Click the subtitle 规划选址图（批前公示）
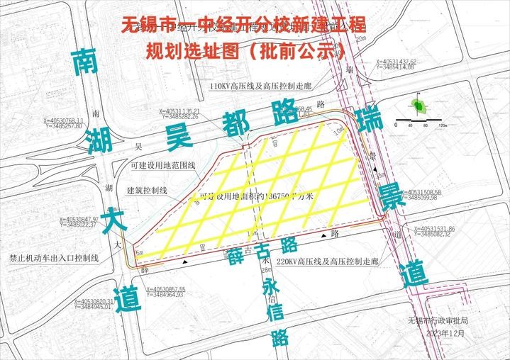click(x=245, y=51)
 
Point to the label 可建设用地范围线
click(x=162, y=165)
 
